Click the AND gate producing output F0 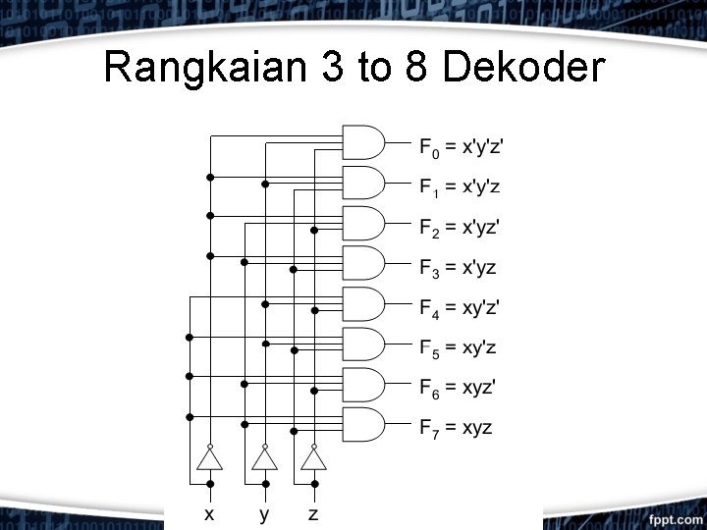pos(361,142)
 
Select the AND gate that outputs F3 pos(361,263)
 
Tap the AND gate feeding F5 pos(361,344)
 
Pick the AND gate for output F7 pos(361,424)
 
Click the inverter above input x pos(209,459)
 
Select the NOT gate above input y pos(263,459)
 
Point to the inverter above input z pos(313,459)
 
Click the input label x pos(209,513)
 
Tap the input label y pos(263,514)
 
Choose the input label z pos(313,513)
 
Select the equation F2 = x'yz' pos(460,229)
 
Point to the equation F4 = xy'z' pos(460,309)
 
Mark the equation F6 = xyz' pos(457,388)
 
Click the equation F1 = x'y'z pos(460,186)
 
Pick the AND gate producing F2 pos(361,223)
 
